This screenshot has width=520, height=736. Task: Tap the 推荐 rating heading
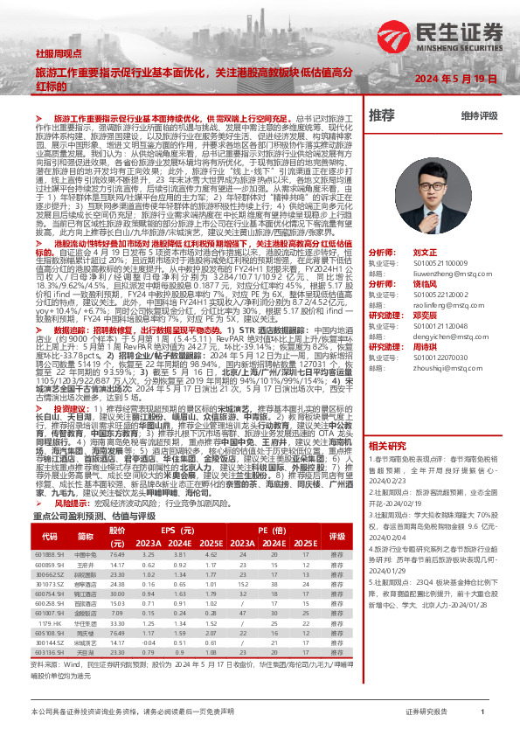[382, 115]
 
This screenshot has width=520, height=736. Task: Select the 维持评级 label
[479, 115]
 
